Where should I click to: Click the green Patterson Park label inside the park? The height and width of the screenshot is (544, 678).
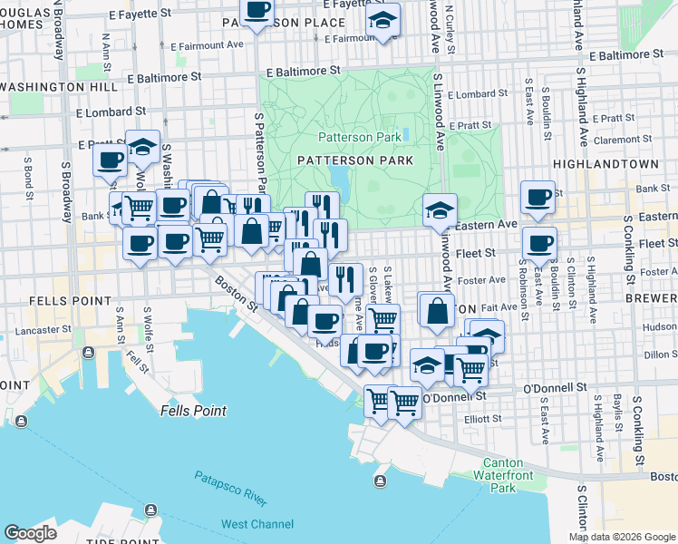[360, 137]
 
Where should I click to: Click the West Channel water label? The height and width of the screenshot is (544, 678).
[257, 524]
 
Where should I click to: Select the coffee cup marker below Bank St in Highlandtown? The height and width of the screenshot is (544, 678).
[539, 243]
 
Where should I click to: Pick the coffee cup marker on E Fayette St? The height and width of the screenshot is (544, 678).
[257, 11]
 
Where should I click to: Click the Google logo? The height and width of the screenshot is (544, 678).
[30, 533]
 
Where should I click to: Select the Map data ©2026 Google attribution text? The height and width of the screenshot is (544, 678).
[622, 537]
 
